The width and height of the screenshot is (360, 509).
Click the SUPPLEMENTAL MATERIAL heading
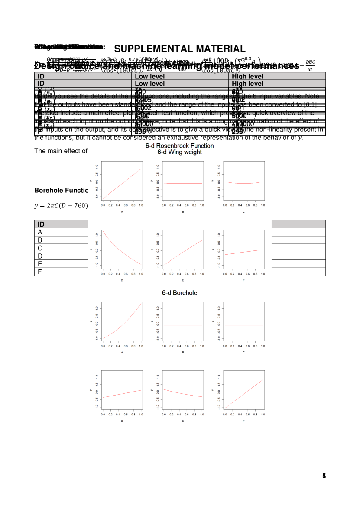coord(180,49)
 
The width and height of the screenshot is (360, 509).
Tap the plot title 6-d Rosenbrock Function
coord(180,146)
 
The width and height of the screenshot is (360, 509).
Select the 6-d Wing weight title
coord(179,152)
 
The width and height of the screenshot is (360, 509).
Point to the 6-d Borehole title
coord(179,293)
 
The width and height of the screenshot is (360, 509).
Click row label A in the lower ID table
coord(40,232)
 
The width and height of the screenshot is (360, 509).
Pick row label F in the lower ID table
coord(40,272)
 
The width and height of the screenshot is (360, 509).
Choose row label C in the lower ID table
coord(40,248)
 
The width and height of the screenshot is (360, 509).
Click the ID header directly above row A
coord(41,224)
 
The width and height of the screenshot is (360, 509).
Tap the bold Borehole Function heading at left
coord(61,191)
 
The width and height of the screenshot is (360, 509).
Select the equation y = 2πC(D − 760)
coord(61,206)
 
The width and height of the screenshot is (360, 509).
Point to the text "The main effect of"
coord(61,151)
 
